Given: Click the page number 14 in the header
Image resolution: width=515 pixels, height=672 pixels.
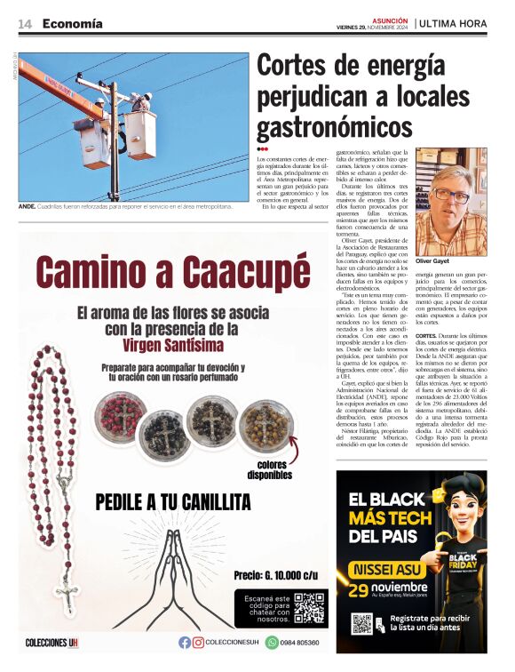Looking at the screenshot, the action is click(x=25, y=24).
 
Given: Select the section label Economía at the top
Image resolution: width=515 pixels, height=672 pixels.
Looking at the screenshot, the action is click(x=72, y=24).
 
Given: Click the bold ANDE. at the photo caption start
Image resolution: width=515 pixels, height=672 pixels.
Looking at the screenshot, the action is click(x=28, y=206).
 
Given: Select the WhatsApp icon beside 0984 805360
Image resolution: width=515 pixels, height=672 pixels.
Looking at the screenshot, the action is click(x=272, y=643).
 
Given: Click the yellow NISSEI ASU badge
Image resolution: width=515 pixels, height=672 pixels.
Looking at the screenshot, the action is click(x=389, y=570).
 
